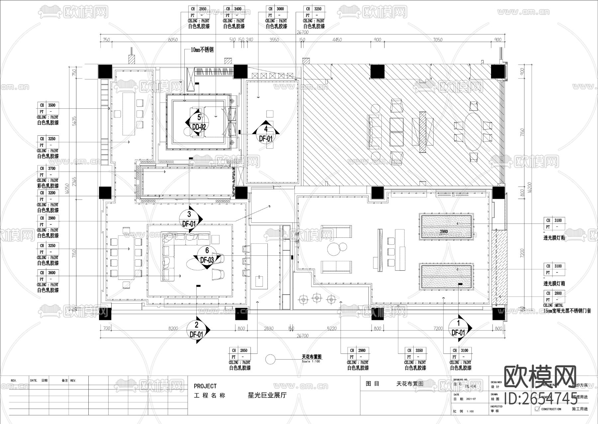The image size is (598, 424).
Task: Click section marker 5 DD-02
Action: tap(199, 122)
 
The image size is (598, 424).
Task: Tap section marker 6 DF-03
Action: tap(207, 255)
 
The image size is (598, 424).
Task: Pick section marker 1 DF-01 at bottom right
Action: tap(458, 328)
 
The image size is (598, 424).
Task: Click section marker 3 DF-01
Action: tap(189, 219)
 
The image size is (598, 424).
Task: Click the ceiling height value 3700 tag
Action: tap(51, 169)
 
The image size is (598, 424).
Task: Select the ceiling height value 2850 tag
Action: tap(244, 351)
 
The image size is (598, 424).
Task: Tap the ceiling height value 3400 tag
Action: tap(237, 9)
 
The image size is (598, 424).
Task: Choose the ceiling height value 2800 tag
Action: tap(558, 293)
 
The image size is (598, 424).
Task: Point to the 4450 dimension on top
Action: tap(337, 40)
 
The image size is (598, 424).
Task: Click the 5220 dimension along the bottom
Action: tap(332, 328)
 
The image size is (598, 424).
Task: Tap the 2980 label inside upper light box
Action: tap(444, 231)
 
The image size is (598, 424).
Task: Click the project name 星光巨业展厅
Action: tap(267, 395)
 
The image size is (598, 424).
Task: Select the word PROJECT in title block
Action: tap(205, 386)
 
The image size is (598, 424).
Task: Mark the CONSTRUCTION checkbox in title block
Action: tap(537, 409)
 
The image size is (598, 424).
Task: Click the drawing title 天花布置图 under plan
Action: tap(311, 357)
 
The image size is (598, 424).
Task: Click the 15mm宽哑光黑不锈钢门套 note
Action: tap(567, 311)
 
